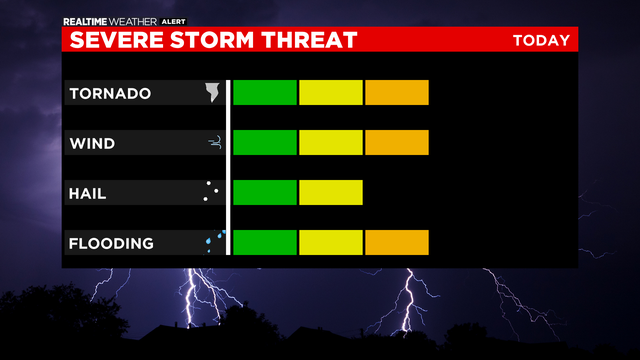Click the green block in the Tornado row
click(x=265, y=92)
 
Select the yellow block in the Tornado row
click(x=331, y=92)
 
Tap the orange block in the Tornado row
click(x=397, y=92)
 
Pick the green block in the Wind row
click(x=265, y=142)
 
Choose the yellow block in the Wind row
click(x=331, y=142)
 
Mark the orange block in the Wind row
click(x=397, y=142)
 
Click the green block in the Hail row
click(x=265, y=192)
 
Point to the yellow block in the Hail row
click(x=331, y=192)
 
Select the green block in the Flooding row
click(x=265, y=242)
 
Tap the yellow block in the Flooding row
click(x=331, y=242)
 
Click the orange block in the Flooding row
click(x=397, y=242)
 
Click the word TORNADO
click(x=110, y=94)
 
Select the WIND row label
click(x=92, y=144)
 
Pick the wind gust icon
click(x=214, y=144)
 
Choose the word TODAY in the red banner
click(x=541, y=41)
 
